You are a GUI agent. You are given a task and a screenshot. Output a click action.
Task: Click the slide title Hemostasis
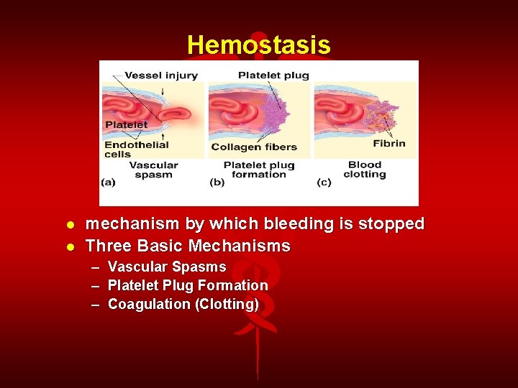(x=258, y=45)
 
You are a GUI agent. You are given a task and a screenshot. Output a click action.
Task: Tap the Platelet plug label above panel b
(x=273, y=75)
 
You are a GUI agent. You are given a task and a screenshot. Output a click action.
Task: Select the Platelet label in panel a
(x=126, y=124)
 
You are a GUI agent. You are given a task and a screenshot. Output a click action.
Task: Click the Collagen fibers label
(x=254, y=147)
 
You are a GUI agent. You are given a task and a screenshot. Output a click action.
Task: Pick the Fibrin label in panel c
(x=388, y=143)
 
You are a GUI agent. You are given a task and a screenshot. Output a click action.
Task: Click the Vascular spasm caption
(x=153, y=170)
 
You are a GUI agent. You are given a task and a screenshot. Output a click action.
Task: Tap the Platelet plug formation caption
(x=259, y=170)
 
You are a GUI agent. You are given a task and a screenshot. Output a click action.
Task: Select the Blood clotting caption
(x=364, y=170)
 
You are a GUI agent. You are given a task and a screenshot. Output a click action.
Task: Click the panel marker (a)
(x=108, y=183)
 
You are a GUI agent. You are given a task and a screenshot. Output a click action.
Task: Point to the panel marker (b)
(x=217, y=183)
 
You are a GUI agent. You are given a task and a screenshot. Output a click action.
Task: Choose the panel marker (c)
(x=324, y=183)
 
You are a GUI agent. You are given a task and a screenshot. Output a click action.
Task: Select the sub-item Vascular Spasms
(x=166, y=267)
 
